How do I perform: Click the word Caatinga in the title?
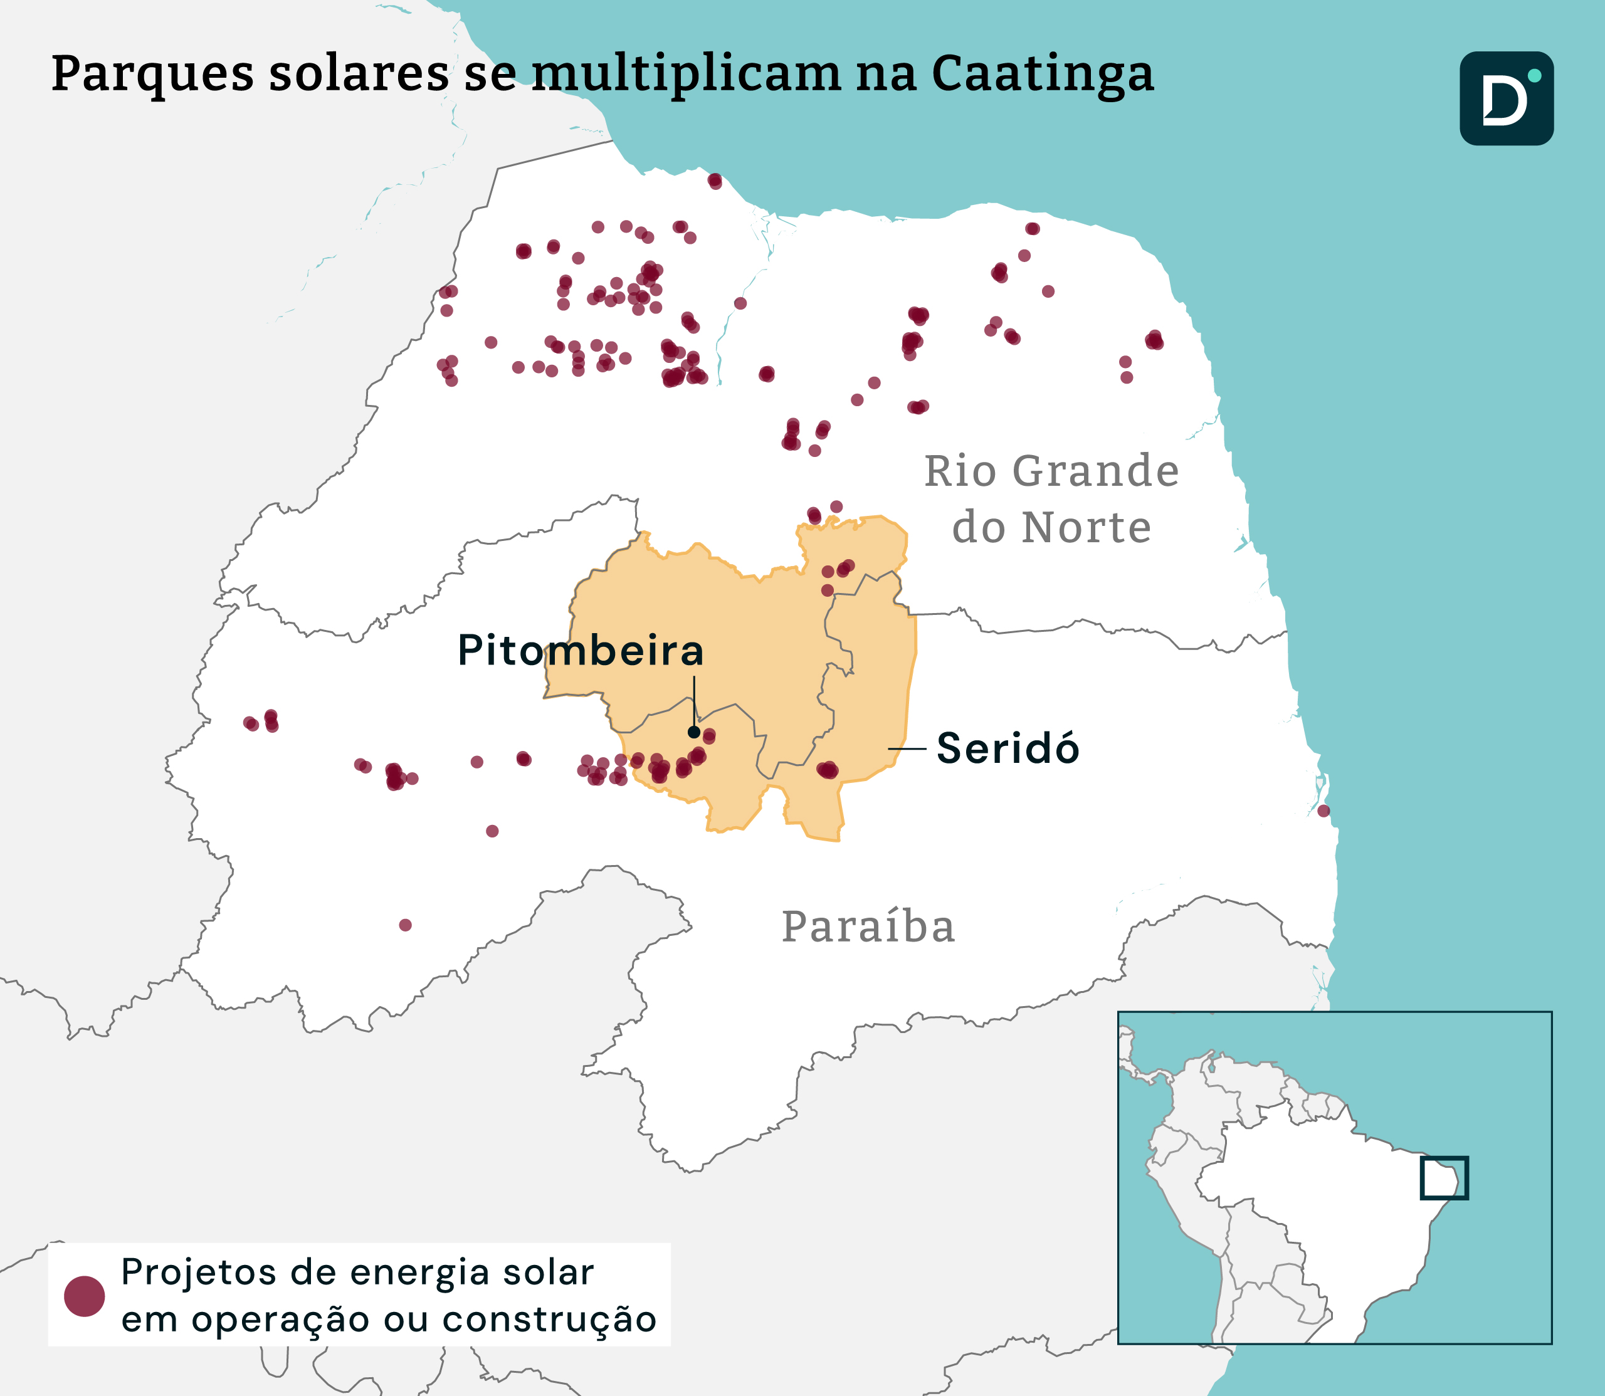click(x=1042, y=75)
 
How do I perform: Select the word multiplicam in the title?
click(x=687, y=75)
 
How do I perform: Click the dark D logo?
click(x=1505, y=99)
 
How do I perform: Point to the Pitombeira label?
click(x=581, y=651)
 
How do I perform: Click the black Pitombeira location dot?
click(x=693, y=732)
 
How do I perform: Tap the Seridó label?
click(x=1008, y=748)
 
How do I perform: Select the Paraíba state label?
click(x=868, y=927)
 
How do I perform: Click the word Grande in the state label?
click(x=1095, y=471)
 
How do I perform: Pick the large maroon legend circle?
click(x=84, y=1296)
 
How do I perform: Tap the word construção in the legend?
click(x=549, y=1320)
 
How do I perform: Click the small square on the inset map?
click(x=1444, y=1178)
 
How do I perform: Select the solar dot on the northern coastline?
click(x=715, y=182)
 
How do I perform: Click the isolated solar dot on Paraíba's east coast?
click(x=1323, y=811)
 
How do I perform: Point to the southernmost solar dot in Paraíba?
click(x=405, y=925)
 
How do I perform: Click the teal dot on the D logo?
click(x=1534, y=76)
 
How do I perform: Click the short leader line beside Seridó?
click(x=907, y=748)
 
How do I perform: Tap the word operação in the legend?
click(x=282, y=1320)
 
